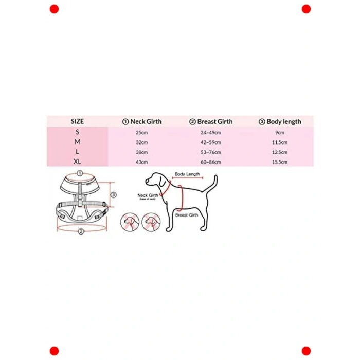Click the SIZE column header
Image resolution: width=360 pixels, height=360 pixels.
[x=77, y=121]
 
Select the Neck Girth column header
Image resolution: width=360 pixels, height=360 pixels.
[x=142, y=121]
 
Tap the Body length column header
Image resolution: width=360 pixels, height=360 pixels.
[x=280, y=121]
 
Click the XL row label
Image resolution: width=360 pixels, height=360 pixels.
[x=77, y=162]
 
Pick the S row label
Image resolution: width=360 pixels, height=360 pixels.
[x=77, y=132]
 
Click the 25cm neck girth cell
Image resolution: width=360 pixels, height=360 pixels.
[x=141, y=132]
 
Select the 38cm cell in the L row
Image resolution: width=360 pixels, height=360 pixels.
[x=141, y=152]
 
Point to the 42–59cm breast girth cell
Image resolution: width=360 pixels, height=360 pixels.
[x=211, y=142]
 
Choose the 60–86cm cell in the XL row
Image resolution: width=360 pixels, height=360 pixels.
[x=211, y=163]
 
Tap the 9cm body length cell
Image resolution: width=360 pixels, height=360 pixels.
[x=280, y=132]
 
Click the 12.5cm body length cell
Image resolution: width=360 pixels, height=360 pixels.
[x=280, y=152]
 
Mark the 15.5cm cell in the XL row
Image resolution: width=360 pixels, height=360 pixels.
[x=280, y=163]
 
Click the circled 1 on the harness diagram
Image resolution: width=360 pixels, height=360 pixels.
[x=80, y=173]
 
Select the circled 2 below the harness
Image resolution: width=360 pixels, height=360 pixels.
[x=81, y=231]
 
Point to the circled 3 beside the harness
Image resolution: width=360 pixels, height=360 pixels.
[x=114, y=195]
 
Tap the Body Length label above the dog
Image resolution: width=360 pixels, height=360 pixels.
[x=187, y=174]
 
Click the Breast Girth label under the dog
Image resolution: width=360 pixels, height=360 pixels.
[x=186, y=215]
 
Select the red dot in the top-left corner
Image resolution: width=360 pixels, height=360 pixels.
[x=54, y=9]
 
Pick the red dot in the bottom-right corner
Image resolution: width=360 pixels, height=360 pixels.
[x=306, y=351]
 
